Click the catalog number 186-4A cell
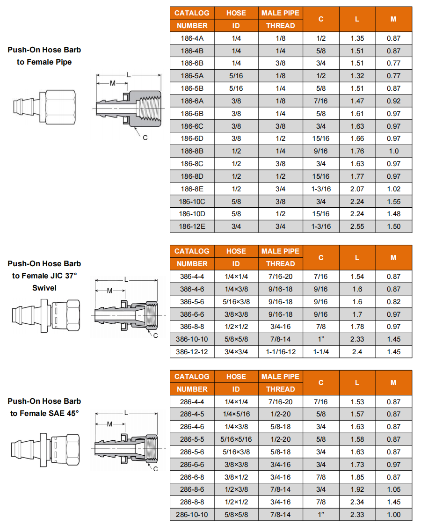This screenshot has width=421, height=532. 192,38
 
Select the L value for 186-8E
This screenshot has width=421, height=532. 357,189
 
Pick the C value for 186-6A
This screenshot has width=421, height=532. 321,101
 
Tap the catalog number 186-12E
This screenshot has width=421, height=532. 192,226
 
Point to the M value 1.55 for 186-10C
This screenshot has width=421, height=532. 394,202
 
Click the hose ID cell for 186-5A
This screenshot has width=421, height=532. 236,76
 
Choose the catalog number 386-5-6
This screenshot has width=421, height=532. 192,302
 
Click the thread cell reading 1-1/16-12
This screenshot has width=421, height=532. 281,352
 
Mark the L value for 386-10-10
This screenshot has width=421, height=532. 357,339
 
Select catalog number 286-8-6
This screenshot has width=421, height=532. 192,489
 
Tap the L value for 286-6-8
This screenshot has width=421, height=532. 357,477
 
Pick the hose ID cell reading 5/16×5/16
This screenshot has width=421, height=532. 236,439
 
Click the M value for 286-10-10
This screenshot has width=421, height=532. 394,515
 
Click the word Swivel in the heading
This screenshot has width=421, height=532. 44,288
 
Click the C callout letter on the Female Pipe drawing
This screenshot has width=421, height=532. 145,138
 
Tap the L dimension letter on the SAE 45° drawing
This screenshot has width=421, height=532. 126,413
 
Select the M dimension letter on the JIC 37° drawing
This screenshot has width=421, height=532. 109,291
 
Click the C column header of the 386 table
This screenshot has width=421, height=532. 321,257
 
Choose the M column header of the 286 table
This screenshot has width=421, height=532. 393,383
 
